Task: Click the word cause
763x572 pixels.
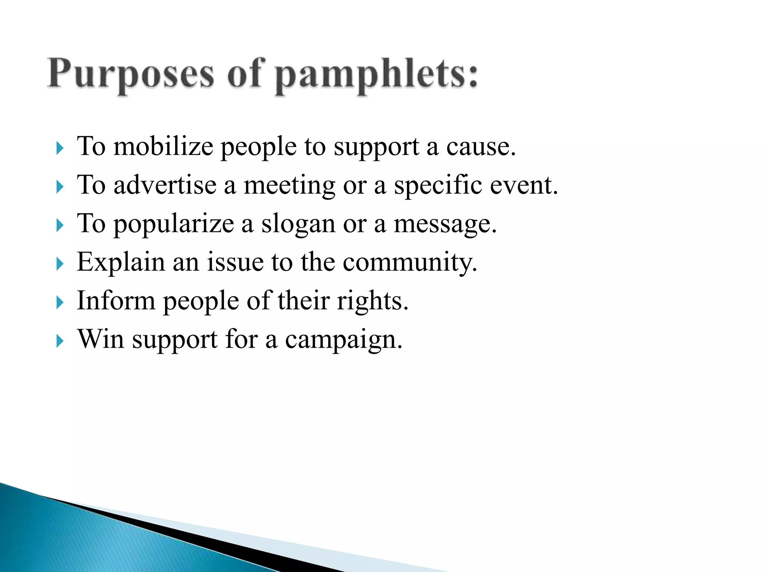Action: (x=481, y=147)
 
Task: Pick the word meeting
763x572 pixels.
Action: (x=289, y=185)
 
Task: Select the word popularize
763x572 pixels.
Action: (x=174, y=224)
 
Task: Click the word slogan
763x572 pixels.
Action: (x=298, y=224)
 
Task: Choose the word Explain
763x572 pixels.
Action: (x=121, y=262)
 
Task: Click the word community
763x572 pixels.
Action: (x=409, y=263)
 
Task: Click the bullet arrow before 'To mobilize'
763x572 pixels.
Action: (x=60, y=148)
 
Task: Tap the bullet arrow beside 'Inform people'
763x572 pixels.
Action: (x=60, y=303)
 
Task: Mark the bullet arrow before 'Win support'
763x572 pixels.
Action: (x=60, y=341)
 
